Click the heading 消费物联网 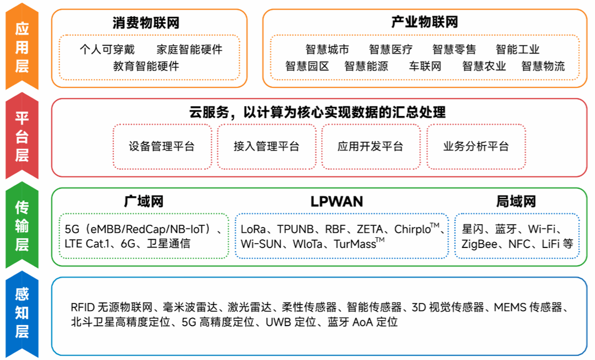click(145, 23)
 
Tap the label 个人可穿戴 click(107, 50)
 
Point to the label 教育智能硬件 click(146, 65)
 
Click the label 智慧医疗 click(391, 50)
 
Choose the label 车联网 click(425, 66)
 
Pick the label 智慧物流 click(543, 66)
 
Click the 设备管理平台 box click(162, 146)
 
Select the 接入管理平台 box click(267, 146)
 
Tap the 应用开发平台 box click(370, 146)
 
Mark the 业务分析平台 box click(476, 146)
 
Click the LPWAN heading click(337, 201)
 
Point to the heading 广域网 click(143, 201)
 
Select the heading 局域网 click(515, 201)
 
